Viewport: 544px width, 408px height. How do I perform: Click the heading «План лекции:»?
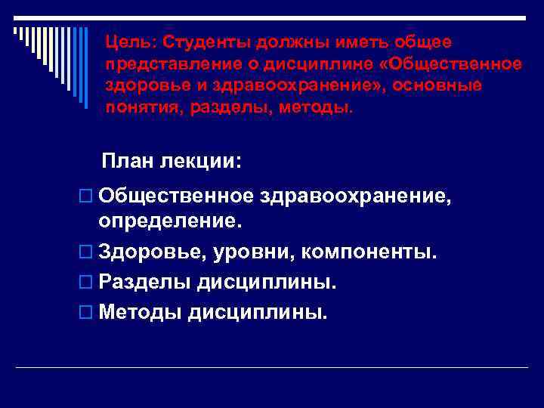[x=172, y=162]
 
